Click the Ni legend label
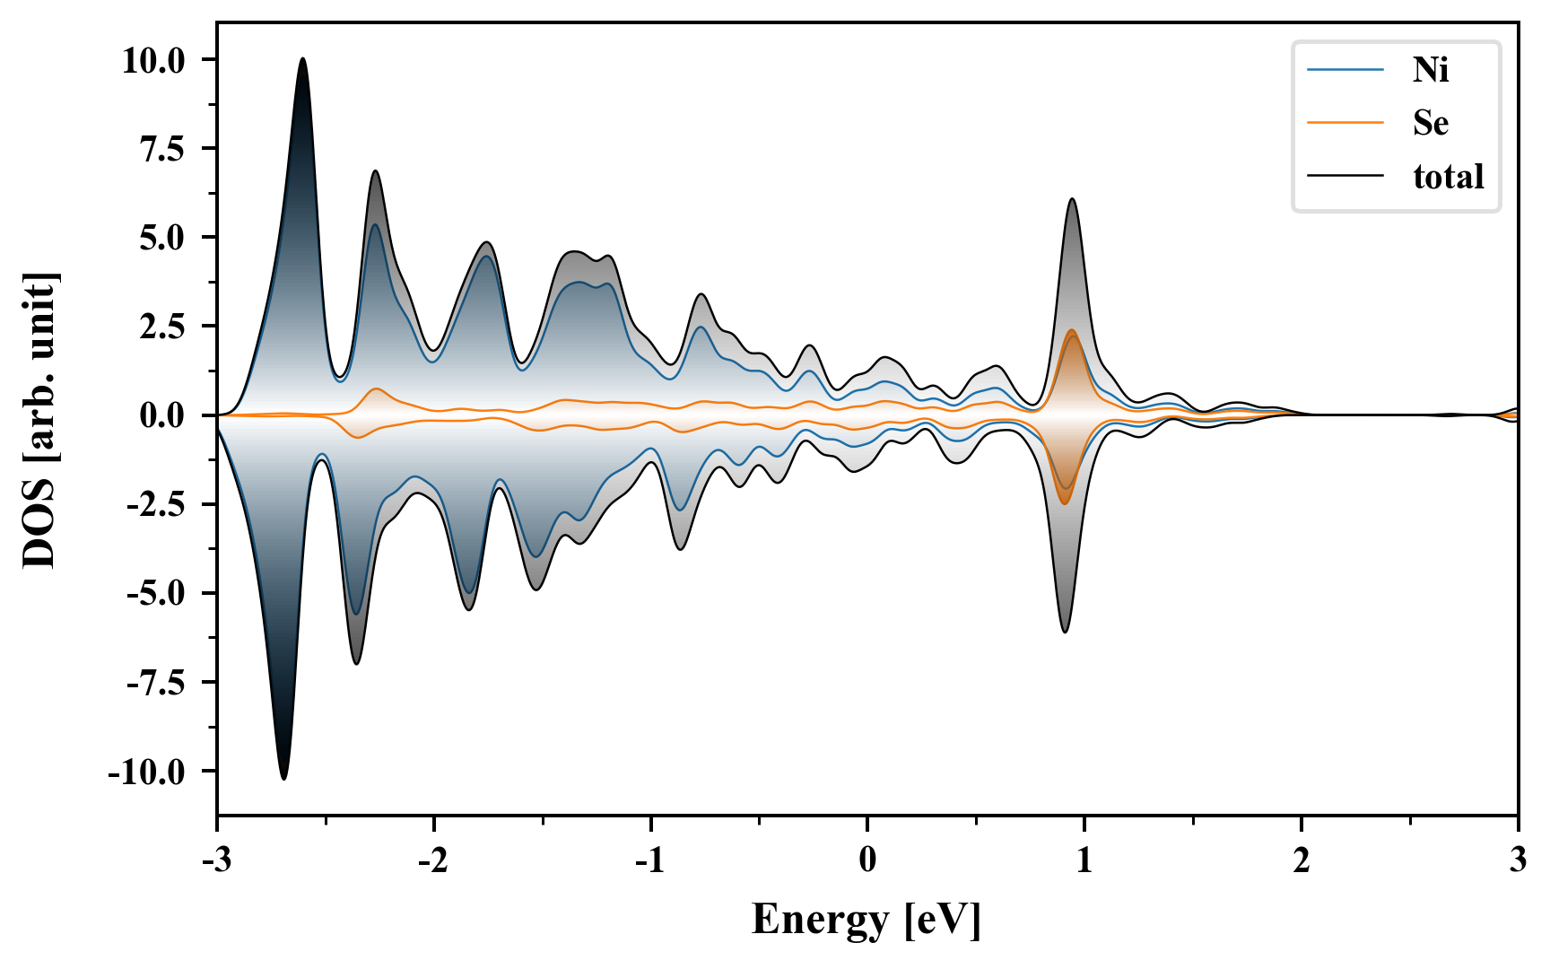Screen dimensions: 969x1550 pyautogui.click(x=1430, y=70)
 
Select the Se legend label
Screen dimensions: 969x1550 pyautogui.click(x=1430, y=123)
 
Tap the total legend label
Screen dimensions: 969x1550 pyautogui.click(x=1448, y=177)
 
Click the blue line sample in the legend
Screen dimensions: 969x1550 pyautogui.click(x=1345, y=70)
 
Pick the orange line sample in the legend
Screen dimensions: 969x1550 pyautogui.click(x=1345, y=123)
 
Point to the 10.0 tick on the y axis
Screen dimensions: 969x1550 pyautogui.click(x=153, y=61)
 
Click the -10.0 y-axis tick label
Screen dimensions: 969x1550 pyautogui.click(x=146, y=772)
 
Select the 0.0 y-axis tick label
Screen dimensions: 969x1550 pyautogui.click(x=161, y=416)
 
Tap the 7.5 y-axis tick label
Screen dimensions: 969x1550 pyautogui.click(x=161, y=149)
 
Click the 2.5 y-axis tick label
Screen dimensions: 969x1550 pyautogui.click(x=161, y=327)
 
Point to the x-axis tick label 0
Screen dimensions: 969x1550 pyautogui.click(x=867, y=860)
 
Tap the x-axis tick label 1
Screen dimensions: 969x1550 pyautogui.click(x=1084, y=860)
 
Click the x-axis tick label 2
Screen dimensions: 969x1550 pyautogui.click(x=1302, y=860)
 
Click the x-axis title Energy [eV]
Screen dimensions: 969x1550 pyautogui.click(x=866, y=920)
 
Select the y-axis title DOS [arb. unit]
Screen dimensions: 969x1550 pyautogui.click(x=39, y=419)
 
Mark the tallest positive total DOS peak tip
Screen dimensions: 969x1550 pyautogui.click(x=302, y=59)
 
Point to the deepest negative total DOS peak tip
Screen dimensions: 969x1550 pyautogui.click(x=283, y=778)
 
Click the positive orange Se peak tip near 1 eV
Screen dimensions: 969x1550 pyautogui.click(x=1072, y=331)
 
